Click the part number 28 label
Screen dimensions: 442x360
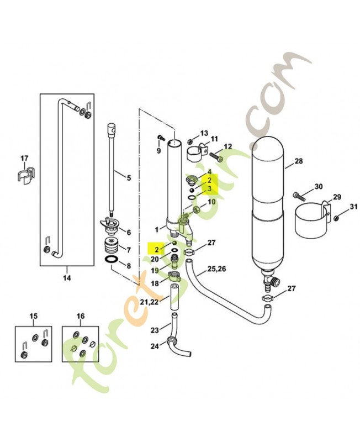[x=299, y=161]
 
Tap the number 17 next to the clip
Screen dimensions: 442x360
[x=24, y=159]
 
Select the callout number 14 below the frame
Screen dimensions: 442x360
[x=67, y=278]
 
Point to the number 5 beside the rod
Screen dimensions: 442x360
[x=129, y=178]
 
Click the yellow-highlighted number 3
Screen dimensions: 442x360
[x=210, y=188]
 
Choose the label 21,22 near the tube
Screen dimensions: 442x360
[x=149, y=302]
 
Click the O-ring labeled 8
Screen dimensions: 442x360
[x=110, y=260]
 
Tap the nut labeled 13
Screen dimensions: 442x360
[x=191, y=139]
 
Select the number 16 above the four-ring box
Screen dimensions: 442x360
[x=81, y=316]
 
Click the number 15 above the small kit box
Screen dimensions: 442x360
[x=33, y=316]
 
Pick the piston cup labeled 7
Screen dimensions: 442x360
[x=112, y=245]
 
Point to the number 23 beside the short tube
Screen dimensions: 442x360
[x=155, y=330]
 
